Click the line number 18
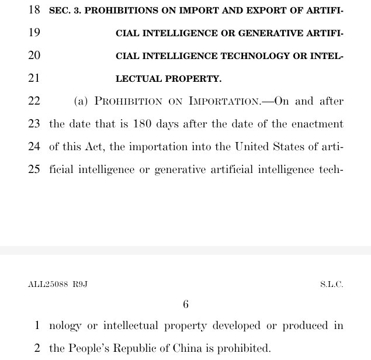(34, 11)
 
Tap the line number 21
(34, 78)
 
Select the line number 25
(34, 169)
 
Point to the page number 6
(186, 304)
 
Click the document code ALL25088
(47, 285)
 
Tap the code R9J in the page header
(80, 285)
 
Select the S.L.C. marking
(331, 285)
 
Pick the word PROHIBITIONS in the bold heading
(115, 11)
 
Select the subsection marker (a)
(81, 101)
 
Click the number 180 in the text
(143, 124)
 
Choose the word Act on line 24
(95, 147)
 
